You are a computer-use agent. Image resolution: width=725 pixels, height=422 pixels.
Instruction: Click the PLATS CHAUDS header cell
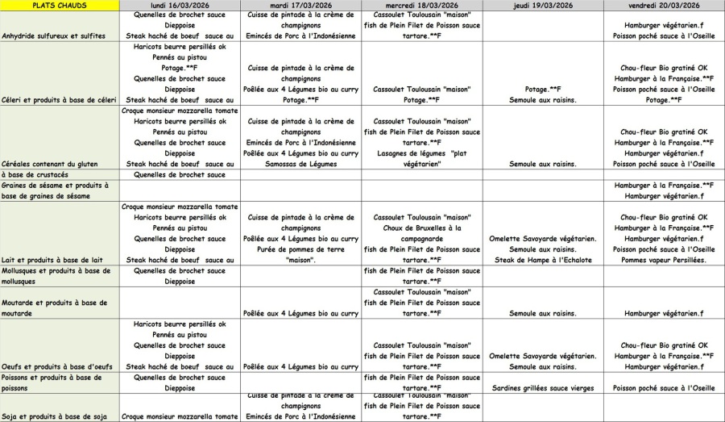[60, 5]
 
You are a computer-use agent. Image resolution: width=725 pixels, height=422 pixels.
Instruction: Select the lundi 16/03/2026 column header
[180, 5]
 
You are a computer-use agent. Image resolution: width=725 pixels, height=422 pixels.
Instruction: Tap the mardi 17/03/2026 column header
[301, 5]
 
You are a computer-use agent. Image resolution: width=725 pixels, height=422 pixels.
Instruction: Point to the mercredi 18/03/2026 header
[422, 5]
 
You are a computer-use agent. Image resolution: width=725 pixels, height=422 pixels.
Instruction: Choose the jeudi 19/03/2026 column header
[543, 5]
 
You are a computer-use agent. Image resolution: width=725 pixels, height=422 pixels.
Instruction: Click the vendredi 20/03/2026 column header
[664, 5]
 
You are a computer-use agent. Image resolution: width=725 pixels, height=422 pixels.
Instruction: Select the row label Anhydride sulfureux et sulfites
[54, 36]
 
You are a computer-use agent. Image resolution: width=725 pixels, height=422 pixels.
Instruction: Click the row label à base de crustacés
[35, 174]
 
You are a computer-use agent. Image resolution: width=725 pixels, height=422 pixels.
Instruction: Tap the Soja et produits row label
[50, 416]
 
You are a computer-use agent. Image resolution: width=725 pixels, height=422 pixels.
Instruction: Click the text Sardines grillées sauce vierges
[543, 388]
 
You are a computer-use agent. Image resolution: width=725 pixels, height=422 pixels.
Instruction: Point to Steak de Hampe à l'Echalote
[543, 260]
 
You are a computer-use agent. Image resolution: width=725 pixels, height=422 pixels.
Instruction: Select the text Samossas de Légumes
[301, 164]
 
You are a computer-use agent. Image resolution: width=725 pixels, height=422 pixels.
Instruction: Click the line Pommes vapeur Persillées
[664, 260]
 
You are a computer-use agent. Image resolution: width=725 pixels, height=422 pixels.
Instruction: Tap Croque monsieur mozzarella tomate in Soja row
[180, 416]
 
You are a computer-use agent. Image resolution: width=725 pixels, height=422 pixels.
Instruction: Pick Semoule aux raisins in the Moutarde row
[543, 313]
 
